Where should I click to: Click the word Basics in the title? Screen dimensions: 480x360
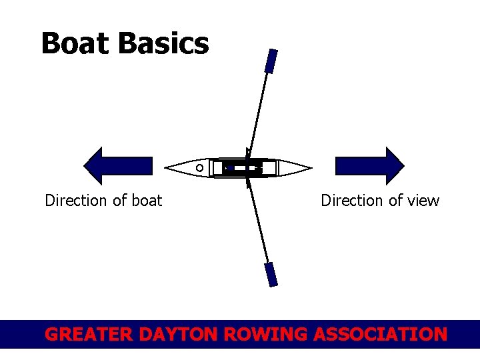[x=164, y=44]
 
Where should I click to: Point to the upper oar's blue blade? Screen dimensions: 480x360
[x=271, y=61]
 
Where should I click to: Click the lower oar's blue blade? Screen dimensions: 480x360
[x=271, y=274]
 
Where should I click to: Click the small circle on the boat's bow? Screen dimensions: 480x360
[x=199, y=168]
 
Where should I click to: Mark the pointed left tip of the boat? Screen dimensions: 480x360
[x=166, y=167]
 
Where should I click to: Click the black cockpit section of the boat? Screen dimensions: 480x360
[x=243, y=168]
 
